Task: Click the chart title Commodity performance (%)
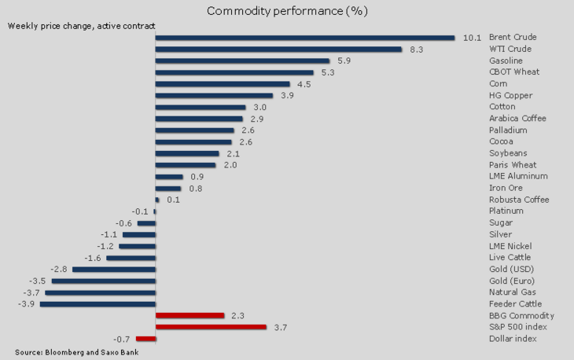point(287,11)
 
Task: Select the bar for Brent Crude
point(305,37)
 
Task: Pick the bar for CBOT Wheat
point(234,72)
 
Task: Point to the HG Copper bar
point(212,95)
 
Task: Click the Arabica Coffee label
point(517,118)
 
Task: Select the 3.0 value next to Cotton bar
point(260,107)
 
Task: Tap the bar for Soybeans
point(187,153)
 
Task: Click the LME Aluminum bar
point(169,177)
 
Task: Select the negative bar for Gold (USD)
point(114,269)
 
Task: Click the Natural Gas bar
point(101,292)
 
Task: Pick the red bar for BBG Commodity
point(189,315)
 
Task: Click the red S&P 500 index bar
point(211,327)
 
